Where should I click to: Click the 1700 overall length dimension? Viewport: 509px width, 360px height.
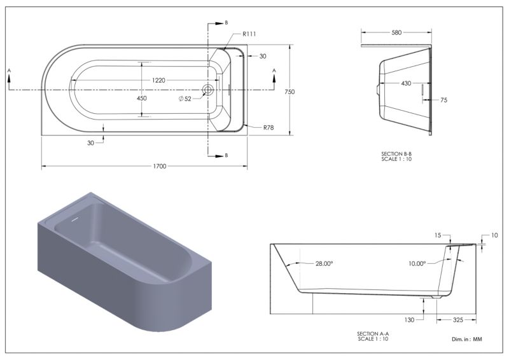coord(159,166)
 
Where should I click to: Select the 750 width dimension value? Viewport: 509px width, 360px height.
coord(289,92)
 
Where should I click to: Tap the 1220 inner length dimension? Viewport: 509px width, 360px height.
coord(158,80)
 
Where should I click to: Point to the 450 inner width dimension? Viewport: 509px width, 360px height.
coord(141,99)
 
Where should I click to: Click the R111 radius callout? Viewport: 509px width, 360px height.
coord(249,34)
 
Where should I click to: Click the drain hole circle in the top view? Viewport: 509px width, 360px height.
coord(207,90)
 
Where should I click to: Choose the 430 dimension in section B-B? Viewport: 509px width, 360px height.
coord(405,83)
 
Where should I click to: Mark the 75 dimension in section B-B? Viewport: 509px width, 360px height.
coord(443,100)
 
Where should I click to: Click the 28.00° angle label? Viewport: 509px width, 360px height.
coord(324,263)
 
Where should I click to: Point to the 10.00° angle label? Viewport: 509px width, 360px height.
coord(416,263)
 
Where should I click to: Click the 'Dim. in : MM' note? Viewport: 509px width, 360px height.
coord(466,340)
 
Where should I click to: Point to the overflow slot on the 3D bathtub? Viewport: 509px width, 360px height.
coord(76,218)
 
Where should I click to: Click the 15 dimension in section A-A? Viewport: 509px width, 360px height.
coord(438,235)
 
